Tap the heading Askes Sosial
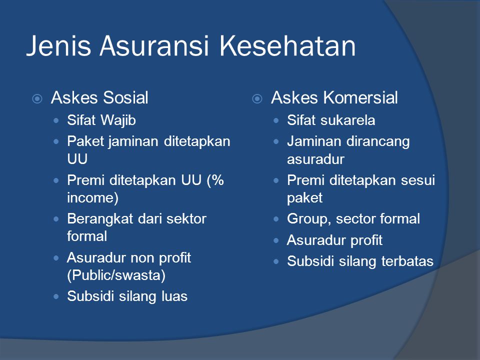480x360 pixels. tap(99, 98)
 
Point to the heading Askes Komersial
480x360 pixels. tap(334, 98)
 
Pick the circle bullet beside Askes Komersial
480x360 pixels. tap(256, 99)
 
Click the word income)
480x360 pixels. tap(93, 197)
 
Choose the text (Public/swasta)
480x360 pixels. tap(116, 275)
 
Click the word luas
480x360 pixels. tap(174, 296)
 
